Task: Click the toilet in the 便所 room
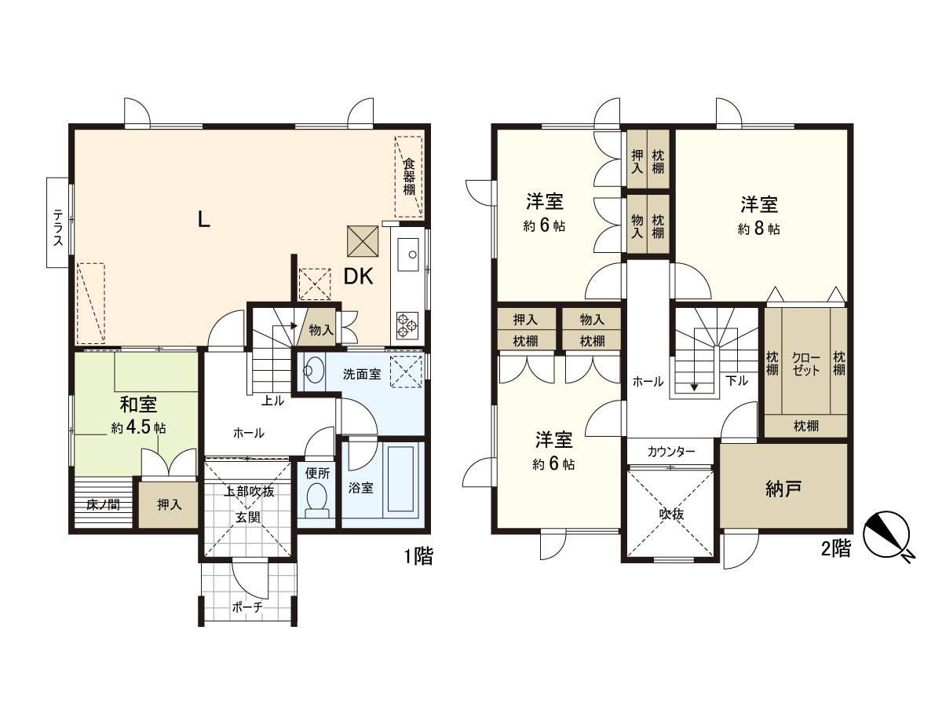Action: pos(318,499)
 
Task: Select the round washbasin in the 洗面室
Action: pos(316,370)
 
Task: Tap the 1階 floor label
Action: pos(418,557)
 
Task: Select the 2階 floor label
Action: pos(835,549)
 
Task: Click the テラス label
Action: pos(57,227)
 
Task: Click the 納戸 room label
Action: pos(783,489)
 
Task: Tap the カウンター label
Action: pos(671,452)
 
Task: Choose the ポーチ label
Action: pos(247,606)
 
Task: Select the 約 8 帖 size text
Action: pos(758,229)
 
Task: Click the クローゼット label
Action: pos(806,363)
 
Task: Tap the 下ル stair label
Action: pos(736,381)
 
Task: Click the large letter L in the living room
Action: pos(203,220)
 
